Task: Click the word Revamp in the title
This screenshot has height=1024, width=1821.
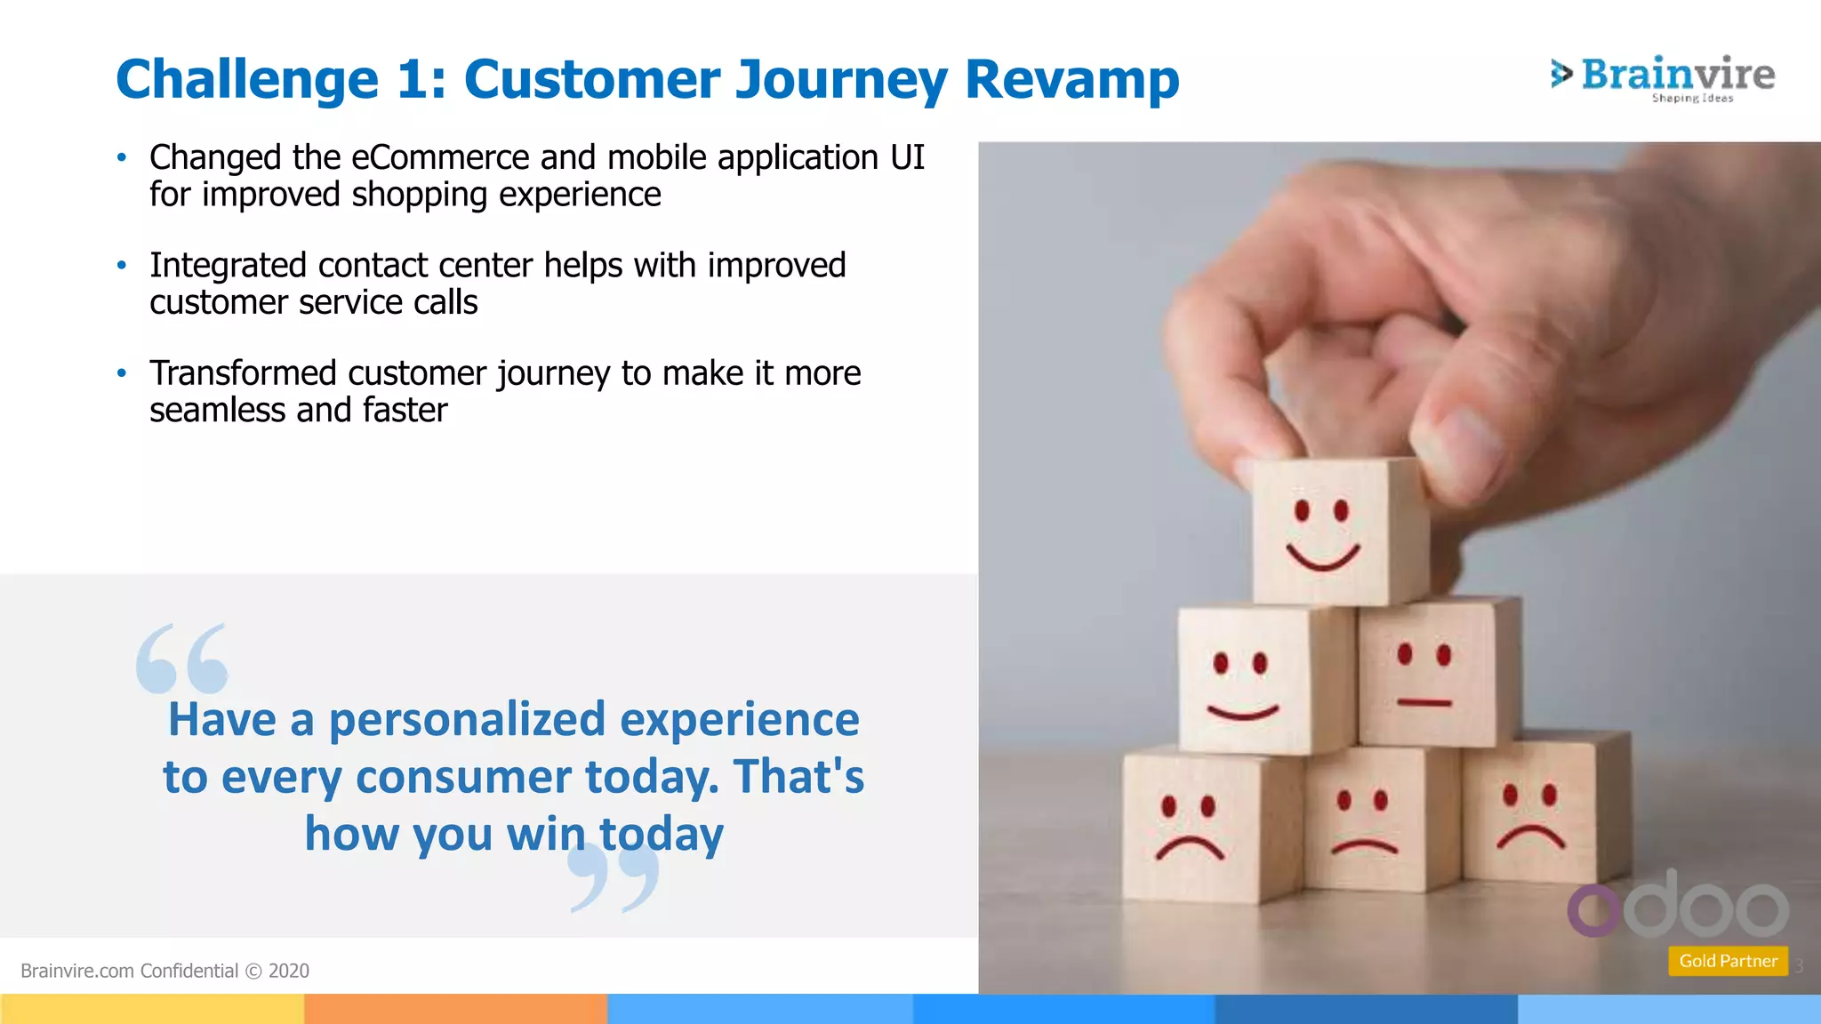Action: tap(1071, 80)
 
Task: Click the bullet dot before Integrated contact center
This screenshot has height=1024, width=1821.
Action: tap(122, 265)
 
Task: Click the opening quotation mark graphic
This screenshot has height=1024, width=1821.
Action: tap(182, 660)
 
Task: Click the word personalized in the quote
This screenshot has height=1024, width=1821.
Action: tap(467, 719)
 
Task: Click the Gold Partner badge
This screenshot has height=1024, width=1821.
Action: tap(1728, 961)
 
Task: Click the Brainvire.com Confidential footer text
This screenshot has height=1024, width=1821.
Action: tap(164, 971)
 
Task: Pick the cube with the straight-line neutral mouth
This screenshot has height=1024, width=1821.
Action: tap(1427, 676)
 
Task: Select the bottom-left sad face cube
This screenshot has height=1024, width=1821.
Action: tap(1191, 827)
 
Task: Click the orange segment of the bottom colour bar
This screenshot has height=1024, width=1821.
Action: tap(455, 1009)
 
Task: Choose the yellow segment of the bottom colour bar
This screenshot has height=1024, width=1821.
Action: tap(151, 1009)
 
